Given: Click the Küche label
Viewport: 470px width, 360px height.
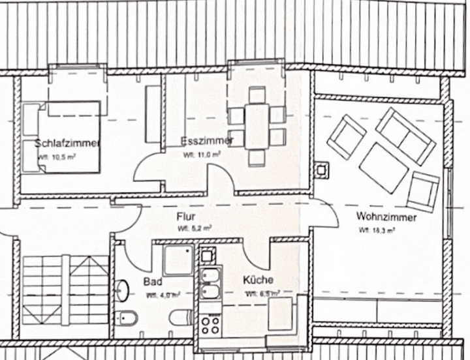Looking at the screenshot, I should [258, 280].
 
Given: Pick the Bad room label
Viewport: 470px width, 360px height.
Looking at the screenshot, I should [152, 282].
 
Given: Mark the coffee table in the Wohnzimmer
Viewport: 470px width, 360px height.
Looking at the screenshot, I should [383, 168].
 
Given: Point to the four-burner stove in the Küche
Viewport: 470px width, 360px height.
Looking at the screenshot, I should [211, 322].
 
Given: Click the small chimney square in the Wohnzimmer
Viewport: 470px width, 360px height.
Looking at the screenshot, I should [322, 170].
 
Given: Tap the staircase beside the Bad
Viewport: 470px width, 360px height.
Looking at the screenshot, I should [65, 287].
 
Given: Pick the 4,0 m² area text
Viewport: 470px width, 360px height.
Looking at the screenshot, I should [163, 295].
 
